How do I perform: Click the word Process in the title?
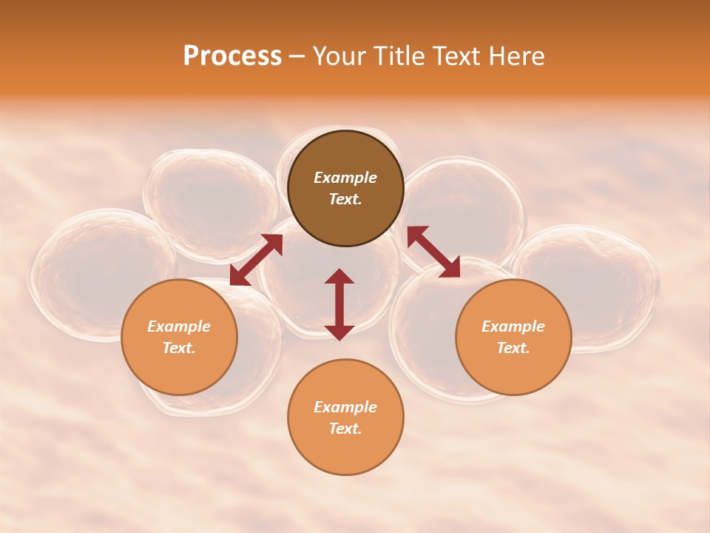tap(232, 56)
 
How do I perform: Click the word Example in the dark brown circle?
tap(345, 178)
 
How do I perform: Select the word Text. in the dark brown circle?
tap(345, 199)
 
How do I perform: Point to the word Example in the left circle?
tap(179, 326)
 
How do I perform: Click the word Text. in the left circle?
tap(179, 348)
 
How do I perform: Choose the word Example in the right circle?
tap(513, 326)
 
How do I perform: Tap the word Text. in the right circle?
tap(513, 348)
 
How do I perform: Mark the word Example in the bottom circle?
tap(345, 407)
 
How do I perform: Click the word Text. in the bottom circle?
tap(345, 429)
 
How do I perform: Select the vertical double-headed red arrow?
tap(339, 304)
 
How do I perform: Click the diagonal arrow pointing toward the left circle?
tap(256, 259)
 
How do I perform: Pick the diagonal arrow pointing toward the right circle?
tap(433, 252)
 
